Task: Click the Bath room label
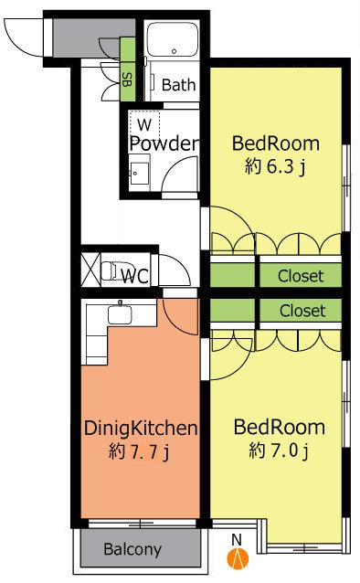pyautogui.click(x=178, y=85)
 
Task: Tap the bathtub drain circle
pyautogui.click(x=174, y=51)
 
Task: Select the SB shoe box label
pyautogui.click(x=127, y=79)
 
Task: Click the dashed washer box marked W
pyautogui.click(x=144, y=124)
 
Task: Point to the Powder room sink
pyautogui.click(x=138, y=174)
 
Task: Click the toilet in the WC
pyautogui.click(x=111, y=271)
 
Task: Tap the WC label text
pyautogui.click(x=135, y=276)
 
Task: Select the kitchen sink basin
pyautogui.click(x=120, y=314)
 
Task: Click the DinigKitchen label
pyautogui.click(x=141, y=429)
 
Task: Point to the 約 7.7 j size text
pyautogui.click(x=139, y=452)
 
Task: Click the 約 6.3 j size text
pyautogui.click(x=275, y=166)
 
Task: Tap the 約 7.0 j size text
pyautogui.click(x=279, y=450)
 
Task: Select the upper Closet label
pyautogui.click(x=301, y=276)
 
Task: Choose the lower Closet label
pyautogui.click(x=302, y=311)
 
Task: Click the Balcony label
pyautogui.click(x=132, y=549)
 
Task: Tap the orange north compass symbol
pyautogui.click(x=238, y=558)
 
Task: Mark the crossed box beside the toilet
pyautogui.click(x=90, y=270)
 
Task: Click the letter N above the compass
pyautogui.click(x=237, y=539)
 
